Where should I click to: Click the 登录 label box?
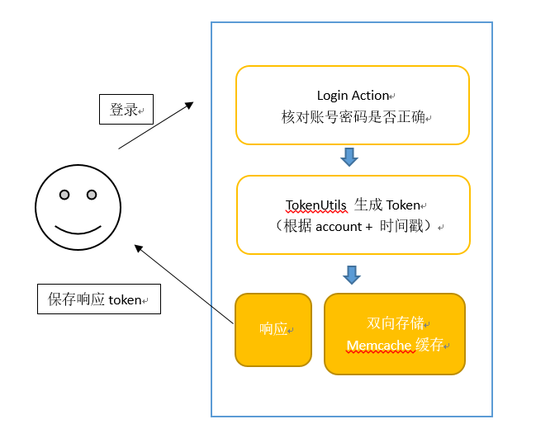click(126, 109)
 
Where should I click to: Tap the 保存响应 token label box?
click(99, 299)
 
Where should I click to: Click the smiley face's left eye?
click(64, 195)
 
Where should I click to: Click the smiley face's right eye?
click(92, 195)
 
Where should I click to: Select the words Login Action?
click(353, 96)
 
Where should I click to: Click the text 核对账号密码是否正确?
click(353, 117)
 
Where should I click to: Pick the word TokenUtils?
click(316, 205)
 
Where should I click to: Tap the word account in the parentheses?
click(339, 226)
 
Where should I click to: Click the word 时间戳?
click(401, 226)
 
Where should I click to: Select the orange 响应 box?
click(273, 329)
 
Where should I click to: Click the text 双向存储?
click(395, 323)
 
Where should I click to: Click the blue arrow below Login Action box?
click(349, 157)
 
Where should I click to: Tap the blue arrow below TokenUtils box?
click(352, 274)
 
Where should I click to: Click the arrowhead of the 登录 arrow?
click(189, 105)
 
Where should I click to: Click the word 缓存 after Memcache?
click(429, 345)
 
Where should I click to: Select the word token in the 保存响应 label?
click(125, 299)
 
